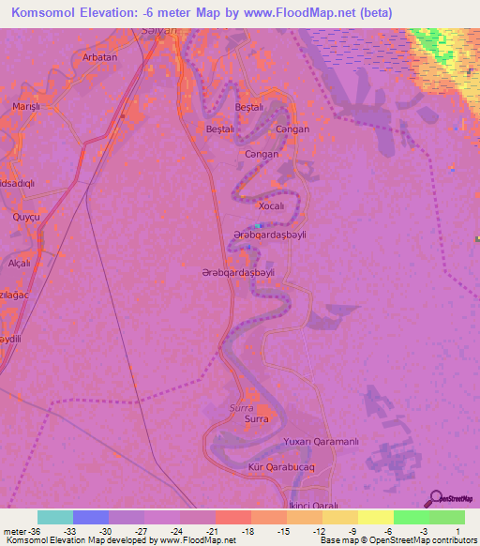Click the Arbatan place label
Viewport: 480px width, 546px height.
(99, 56)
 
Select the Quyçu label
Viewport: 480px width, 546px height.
(25, 217)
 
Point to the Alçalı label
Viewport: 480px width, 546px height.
(19, 264)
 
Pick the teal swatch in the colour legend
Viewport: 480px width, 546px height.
(55, 517)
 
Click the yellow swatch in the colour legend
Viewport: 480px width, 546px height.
(376, 517)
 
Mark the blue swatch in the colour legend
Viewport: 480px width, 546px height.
(91, 517)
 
